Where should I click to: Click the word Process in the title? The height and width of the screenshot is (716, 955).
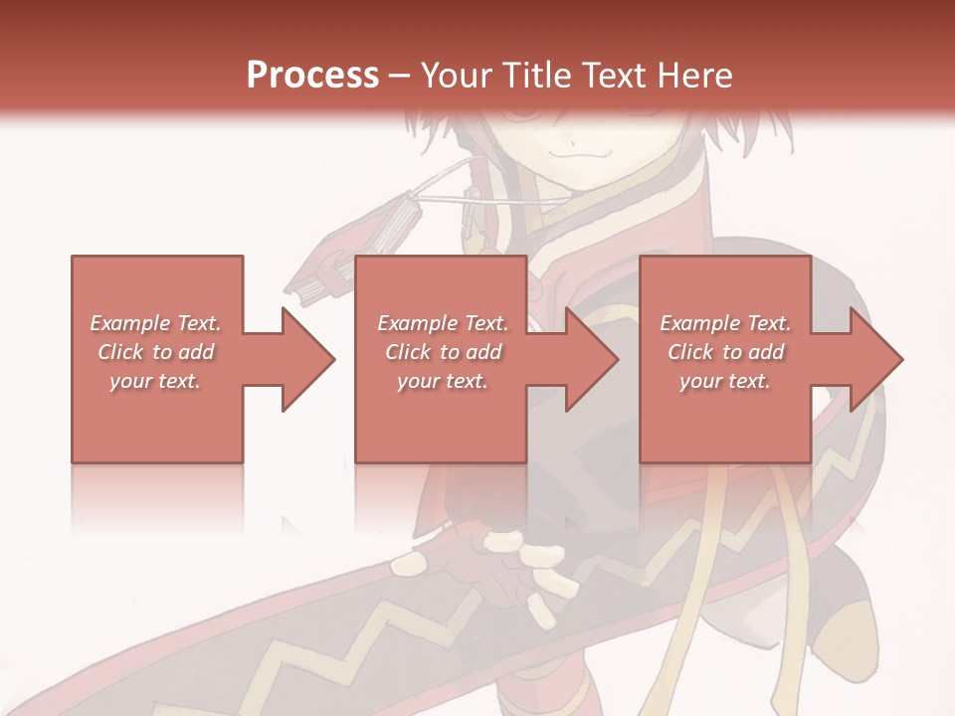[x=312, y=76]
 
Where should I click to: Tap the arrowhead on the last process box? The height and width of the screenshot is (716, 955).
[x=874, y=359]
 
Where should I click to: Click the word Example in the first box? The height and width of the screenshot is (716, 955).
[x=130, y=323]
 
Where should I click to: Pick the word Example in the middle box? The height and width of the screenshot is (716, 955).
[x=418, y=323]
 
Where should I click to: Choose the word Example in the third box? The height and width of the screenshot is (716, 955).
[x=700, y=323]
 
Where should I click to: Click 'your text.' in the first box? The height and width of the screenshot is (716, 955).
[x=155, y=381]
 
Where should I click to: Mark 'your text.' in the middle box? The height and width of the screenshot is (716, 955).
[x=443, y=381]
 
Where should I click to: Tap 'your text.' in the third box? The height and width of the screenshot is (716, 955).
[x=725, y=381]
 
